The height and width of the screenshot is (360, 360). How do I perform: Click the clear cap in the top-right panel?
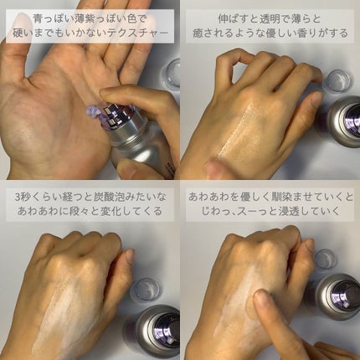pyautogui.click(x=337, y=80)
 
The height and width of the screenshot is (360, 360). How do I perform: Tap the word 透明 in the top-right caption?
pyautogui.click(x=255, y=16)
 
